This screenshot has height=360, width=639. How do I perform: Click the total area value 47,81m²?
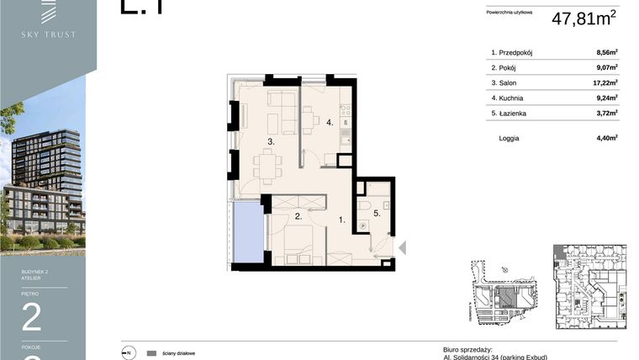point(585,19)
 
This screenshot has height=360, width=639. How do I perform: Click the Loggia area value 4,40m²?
point(606,137)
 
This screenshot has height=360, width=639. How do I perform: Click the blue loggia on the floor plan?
point(247,233)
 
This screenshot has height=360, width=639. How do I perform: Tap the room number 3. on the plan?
point(271,142)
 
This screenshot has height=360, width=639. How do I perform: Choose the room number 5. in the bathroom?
point(377,214)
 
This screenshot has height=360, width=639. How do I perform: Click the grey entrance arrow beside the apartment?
point(403,247)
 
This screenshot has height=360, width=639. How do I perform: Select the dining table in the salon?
point(267,167)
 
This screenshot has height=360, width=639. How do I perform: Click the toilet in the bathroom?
point(364,206)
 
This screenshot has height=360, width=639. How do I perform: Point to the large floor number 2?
point(32,318)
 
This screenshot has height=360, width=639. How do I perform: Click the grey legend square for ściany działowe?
point(152,353)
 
